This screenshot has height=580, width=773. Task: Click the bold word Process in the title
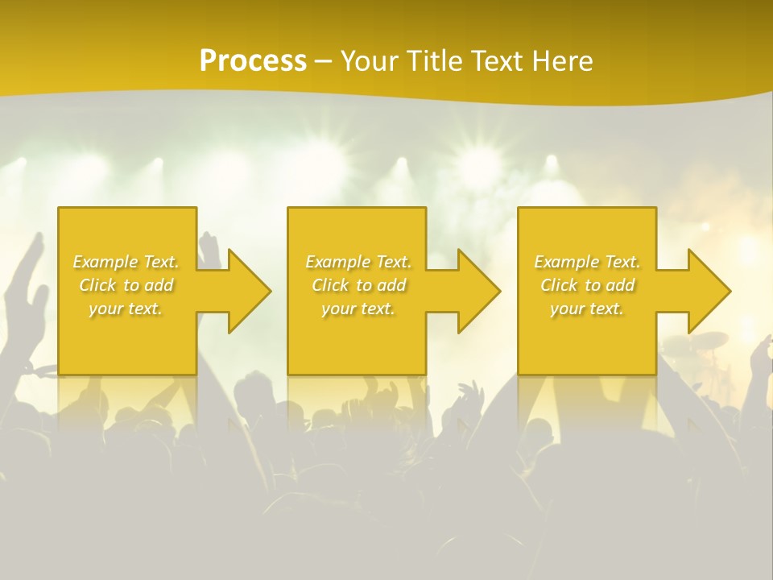253,61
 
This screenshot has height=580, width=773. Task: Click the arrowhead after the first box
245,290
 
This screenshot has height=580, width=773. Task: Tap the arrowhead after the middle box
475,290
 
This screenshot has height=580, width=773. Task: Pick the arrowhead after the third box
705,290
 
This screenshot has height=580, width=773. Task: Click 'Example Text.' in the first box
126,262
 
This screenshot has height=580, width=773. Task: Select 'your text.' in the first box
126,309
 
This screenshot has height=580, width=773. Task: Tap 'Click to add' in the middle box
358,285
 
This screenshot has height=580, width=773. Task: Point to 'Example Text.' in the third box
587,262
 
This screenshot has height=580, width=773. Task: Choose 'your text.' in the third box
586,309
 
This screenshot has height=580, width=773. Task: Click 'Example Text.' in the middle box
358,262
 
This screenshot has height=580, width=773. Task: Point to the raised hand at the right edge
760,354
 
